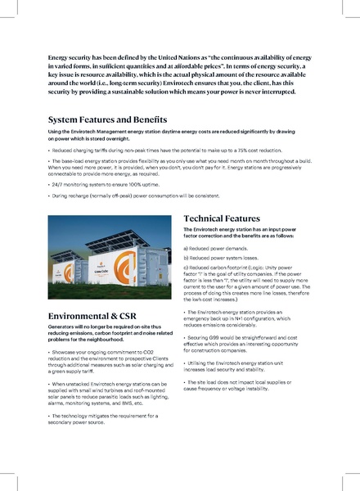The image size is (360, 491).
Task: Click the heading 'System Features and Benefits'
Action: [x=108, y=119]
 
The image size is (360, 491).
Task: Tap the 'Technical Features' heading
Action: [x=222, y=219]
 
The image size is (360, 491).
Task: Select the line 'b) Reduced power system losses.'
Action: [x=224, y=257]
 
